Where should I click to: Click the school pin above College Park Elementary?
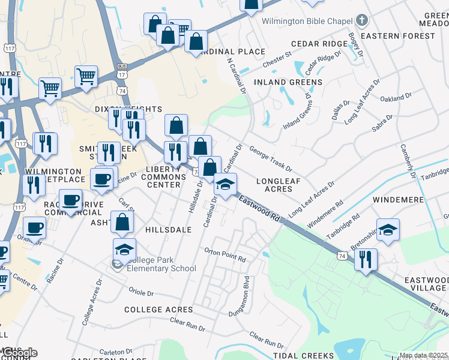pyautogui.click(x=124, y=249)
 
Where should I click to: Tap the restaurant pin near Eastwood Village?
pyautogui.click(x=366, y=260)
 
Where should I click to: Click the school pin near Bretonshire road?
pyautogui.click(x=388, y=230)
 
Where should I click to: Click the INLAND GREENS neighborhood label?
pyautogui.click(x=288, y=82)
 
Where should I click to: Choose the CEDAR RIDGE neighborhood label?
pyautogui.click(x=316, y=44)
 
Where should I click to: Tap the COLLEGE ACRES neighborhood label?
pyautogui.click(x=158, y=310)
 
